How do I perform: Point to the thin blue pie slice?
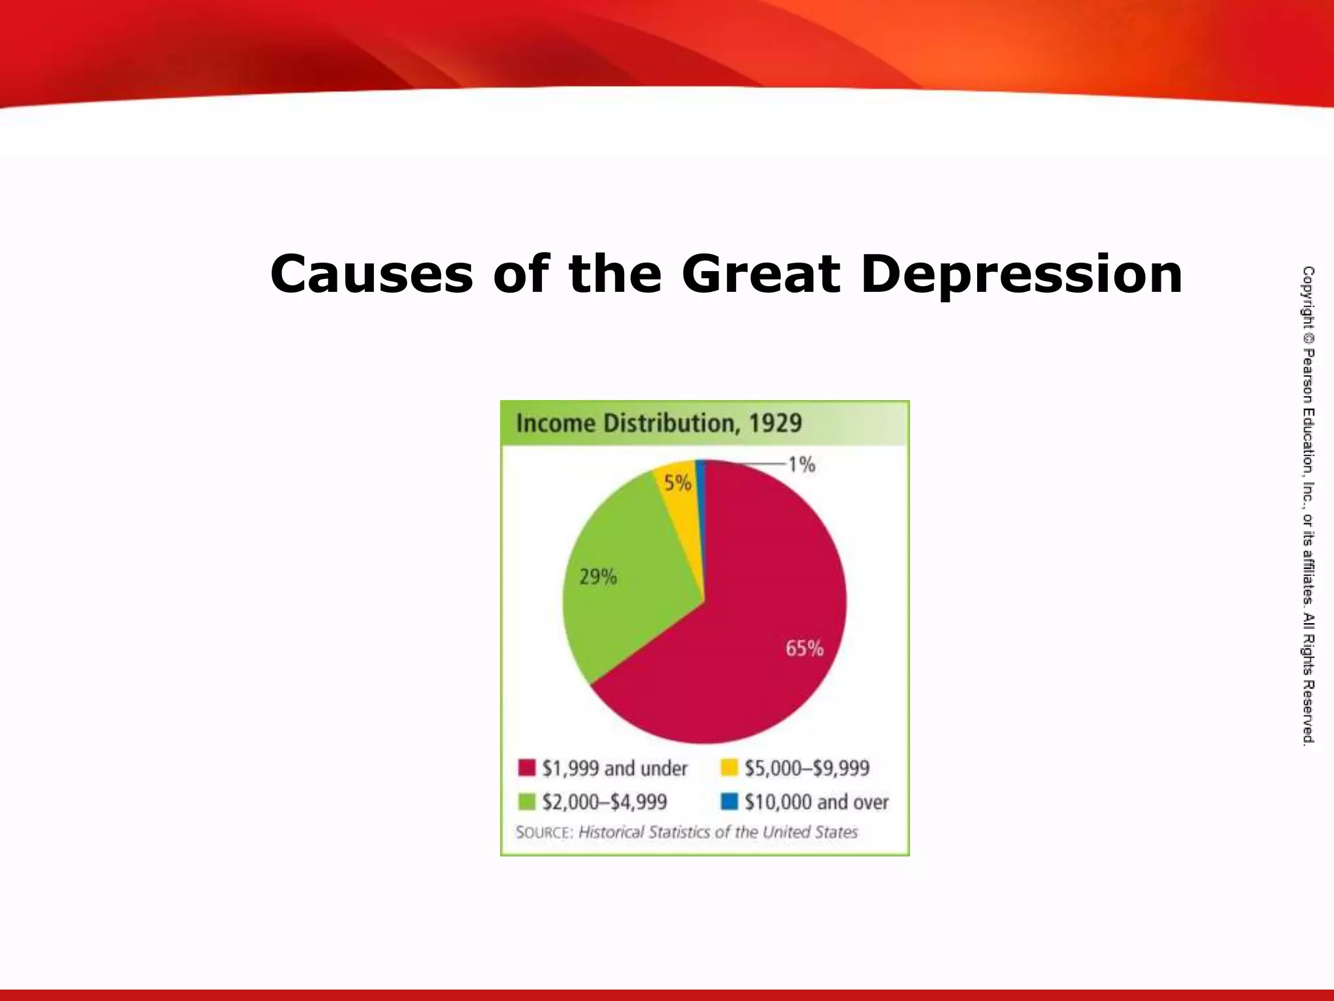point(701,495)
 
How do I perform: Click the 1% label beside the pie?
point(801,465)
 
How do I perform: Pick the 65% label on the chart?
point(804,648)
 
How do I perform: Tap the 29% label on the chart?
point(598,577)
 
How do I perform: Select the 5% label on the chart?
point(677,483)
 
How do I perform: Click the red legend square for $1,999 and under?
point(526,768)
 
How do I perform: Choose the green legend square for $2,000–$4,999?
point(526,801)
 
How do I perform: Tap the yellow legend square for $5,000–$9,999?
point(729,768)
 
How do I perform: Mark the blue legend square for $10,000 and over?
point(729,801)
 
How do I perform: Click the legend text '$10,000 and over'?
point(816,802)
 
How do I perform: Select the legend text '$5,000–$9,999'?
point(806,768)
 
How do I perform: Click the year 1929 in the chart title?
point(775,423)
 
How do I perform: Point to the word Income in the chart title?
point(556,423)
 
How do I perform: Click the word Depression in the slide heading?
point(1021,274)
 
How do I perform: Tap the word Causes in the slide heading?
point(371,274)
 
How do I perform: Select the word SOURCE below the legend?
point(545,832)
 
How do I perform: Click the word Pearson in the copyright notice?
point(1308,375)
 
